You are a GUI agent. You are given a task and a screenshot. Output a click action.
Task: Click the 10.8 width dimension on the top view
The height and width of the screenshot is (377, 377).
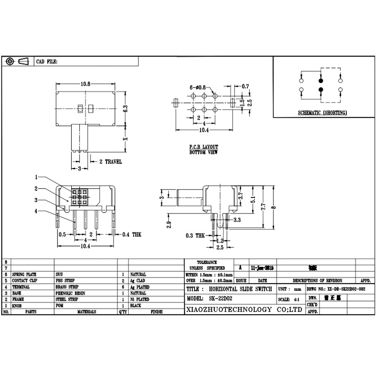click(x=85, y=84)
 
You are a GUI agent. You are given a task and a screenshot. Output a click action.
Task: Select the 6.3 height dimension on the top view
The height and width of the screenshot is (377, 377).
click(x=125, y=108)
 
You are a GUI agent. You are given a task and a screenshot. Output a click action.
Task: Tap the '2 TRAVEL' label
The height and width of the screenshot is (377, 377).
click(x=110, y=162)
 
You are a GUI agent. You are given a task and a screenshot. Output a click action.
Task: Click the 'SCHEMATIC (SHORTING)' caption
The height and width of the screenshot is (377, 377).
click(x=322, y=113)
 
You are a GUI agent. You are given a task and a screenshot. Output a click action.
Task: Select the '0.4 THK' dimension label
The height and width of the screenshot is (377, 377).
click(x=131, y=234)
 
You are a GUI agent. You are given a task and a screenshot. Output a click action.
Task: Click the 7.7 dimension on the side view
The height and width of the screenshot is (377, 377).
click(x=263, y=205)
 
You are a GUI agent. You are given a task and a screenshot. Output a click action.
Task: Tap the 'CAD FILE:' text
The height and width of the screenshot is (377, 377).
click(x=47, y=62)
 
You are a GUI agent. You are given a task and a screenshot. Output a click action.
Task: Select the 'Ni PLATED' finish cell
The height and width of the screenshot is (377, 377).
click(x=141, y=299)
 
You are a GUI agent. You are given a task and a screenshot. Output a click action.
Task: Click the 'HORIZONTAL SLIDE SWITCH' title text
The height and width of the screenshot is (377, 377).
click(x=240, y=289)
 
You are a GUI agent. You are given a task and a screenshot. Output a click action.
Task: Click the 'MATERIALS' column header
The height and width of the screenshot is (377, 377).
click(x=87, y=312)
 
